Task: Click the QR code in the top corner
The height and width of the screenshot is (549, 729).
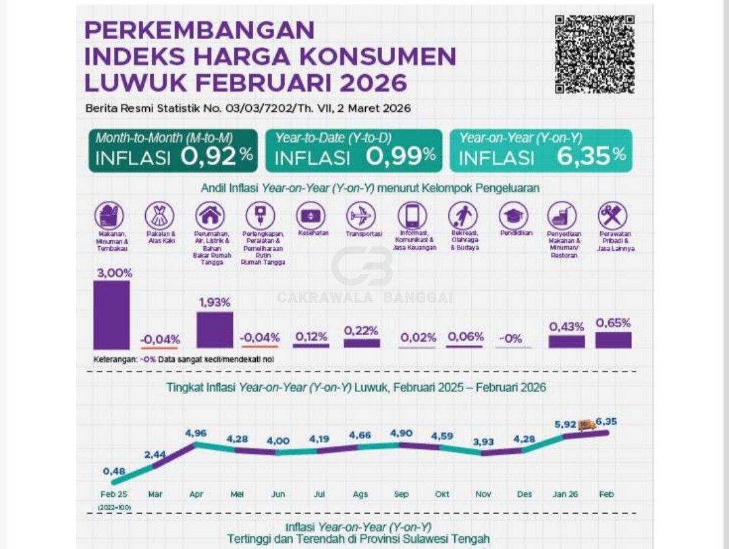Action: (x=595, y=54)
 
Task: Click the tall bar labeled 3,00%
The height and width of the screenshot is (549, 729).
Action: (x=111, y=315)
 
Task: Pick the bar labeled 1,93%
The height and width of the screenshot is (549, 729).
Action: (x=215, y=330)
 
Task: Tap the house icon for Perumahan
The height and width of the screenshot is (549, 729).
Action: (x=210, y=216)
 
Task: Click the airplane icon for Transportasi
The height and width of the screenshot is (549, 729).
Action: (x=361, y=216)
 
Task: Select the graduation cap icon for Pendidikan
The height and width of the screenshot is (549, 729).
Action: (x=513, y=216)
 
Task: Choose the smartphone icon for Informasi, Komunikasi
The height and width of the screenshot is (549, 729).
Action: (x=412, y=216)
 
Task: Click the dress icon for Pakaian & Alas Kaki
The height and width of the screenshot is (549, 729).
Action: (x=159, y=216)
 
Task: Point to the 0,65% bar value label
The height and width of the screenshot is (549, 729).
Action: (x=613, y=323)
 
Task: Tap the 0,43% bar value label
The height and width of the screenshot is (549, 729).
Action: (x=566, y=326)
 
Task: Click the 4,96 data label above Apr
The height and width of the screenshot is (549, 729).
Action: (x=196, y=433)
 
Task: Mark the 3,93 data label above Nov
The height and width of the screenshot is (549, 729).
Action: (x=483, y=442)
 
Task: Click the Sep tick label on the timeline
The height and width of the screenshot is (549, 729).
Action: (x=401, y=494)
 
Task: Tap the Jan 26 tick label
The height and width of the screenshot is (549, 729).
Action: (x=566, y=494)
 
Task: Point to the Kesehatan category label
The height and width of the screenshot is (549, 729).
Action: (x=310, y=233)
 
